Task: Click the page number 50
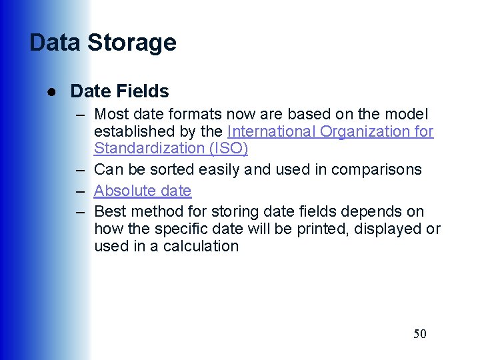[x=419, y=334]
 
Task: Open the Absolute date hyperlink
[x=143, y=191]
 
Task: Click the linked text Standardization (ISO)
[x=171, y=148]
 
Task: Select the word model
[x=407, y=115]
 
